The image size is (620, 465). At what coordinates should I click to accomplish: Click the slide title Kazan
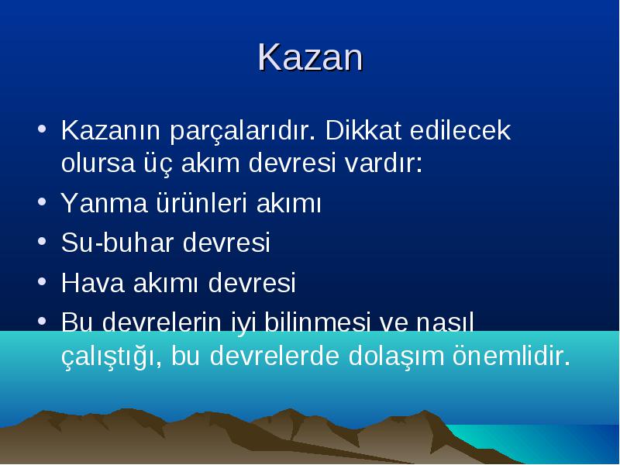pos(311,57)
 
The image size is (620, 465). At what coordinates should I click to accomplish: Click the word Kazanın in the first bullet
pos(111,130)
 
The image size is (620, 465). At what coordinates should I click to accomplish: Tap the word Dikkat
pos(363,129)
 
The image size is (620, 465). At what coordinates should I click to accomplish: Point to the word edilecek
pos(460,129)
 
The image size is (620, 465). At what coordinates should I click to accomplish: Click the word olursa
pos(98,163)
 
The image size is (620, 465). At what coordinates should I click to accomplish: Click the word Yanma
pos(104,203)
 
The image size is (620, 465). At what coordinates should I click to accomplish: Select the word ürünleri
pos(201,202)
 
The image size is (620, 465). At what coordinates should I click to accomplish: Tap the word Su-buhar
pos(118,242)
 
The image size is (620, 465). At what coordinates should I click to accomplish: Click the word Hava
pos(93,283)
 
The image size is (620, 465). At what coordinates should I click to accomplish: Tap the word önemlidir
pos(511,355)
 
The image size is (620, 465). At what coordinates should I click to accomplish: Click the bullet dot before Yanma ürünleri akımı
pos(42,201)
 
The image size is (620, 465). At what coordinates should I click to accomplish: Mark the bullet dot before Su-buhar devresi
pos(42,241)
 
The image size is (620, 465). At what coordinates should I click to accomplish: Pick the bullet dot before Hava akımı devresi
pos(42,281)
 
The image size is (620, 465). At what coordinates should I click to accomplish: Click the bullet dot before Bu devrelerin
pos(42,321)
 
